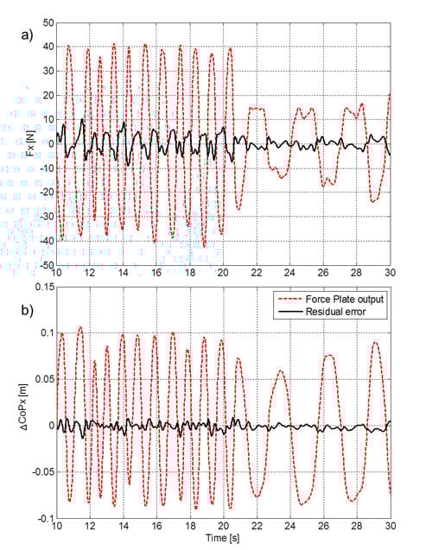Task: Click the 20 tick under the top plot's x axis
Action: click(x=224, y=273)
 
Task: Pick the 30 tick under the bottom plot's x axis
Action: click(x=391, y=526)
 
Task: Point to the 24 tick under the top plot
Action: click(x=290, y=273)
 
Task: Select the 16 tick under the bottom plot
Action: click(x=156, y=526)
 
